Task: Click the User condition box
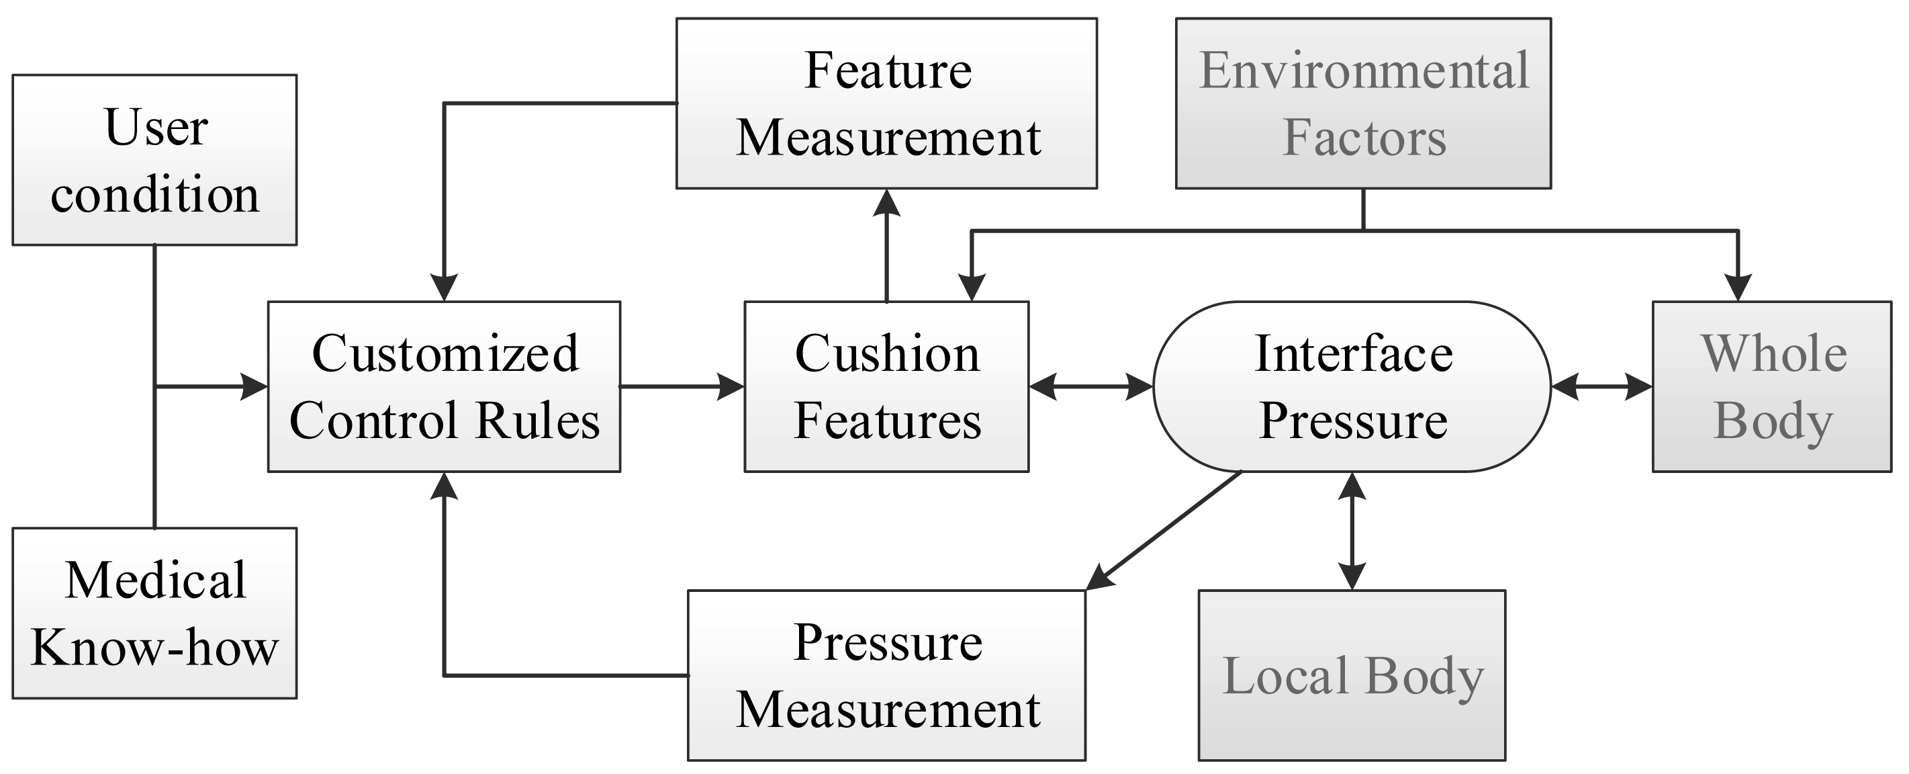(x=154, y=159)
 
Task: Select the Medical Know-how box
(x=154, y=613)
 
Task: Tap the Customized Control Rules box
(x=443, y=386)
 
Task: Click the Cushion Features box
(x=886, y=386)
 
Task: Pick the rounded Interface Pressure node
(x=1352, y=386)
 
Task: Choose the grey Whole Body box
(x=1771, y=386)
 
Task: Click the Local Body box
(x=1352, y=675)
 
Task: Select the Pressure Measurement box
(x=886, y=675)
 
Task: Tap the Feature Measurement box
(x=886, y=103)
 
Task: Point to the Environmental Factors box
(x=1364, y=103)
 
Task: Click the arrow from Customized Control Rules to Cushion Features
(x=682, y=386)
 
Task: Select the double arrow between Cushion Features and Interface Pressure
(x=1091, y=386)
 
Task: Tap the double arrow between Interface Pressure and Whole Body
(x=1601, y=386)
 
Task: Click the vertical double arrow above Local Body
(x=1352, y=531)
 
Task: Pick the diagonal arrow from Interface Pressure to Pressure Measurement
(x=1164, y=531)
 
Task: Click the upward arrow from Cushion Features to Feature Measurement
(x=886, y=245)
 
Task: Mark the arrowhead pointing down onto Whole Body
(x=1738, y=288)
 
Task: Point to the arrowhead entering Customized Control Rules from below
(x=443, y=486)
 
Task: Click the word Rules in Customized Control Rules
(x=537, y=421)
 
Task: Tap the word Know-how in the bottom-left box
(x=154, y=648)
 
